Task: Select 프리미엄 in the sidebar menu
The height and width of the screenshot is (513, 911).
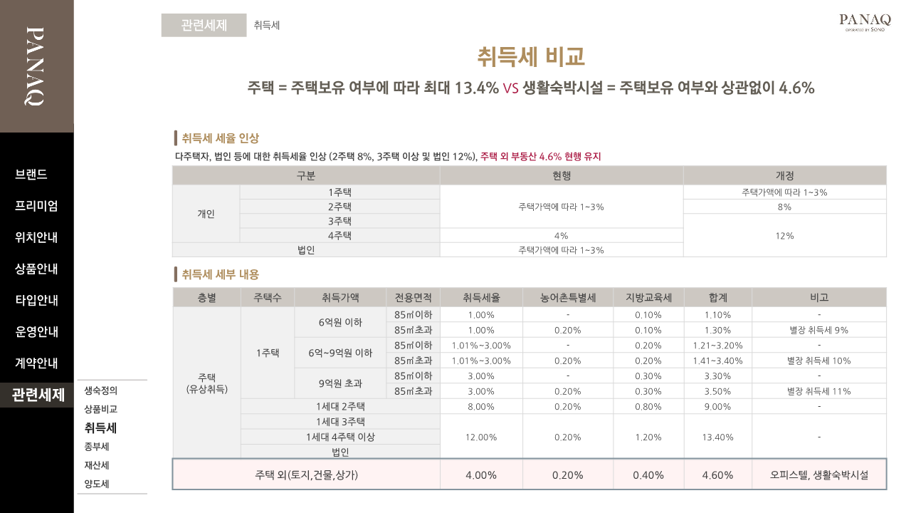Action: coord(36,206)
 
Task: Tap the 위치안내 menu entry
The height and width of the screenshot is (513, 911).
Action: coord(36,237)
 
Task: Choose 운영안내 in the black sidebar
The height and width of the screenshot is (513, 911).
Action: coord(36,331)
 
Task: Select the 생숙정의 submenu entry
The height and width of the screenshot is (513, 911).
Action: coord(100,390)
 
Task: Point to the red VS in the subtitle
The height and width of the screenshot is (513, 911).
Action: coord(510,88)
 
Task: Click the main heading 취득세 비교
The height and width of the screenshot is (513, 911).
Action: coord(531,56)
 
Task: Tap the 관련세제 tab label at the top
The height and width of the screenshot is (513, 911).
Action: coord(204,25)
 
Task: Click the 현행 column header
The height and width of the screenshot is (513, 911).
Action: coord(562,175)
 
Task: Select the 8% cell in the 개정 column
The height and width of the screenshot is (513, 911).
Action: coord(784,207)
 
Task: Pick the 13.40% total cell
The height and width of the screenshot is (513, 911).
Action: coord(717,437)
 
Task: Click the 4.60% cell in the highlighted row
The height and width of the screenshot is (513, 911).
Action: coord(717,475)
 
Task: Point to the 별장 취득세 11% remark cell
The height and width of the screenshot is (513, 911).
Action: coord(818,391)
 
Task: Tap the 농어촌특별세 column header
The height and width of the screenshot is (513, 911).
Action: coord(567,298)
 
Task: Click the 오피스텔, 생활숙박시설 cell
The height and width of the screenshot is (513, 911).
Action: coord(818,475)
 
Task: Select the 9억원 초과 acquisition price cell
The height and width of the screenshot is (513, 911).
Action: coord(340,383)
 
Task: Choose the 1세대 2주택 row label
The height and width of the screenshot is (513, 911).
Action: coord(340,406)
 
